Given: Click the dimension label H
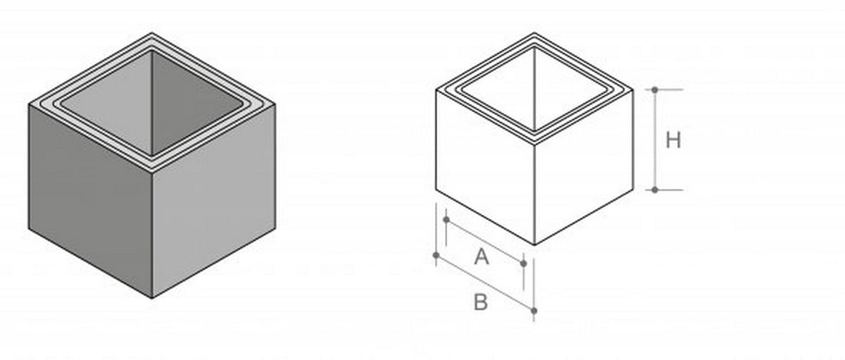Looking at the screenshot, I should click(x=673, y=140).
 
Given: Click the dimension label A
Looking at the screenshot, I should click(x=481, y=257).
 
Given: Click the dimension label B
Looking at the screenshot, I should click(x=480, y=303).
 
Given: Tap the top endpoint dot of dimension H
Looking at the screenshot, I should click(x=655, y=90).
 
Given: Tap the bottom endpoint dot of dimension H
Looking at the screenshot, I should click(x=655, y=190).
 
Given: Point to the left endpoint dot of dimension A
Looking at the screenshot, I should click(x=446, y=220).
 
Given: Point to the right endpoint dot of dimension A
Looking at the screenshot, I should click(x=523, y=263).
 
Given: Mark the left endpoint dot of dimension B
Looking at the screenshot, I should click(x=437, y=254).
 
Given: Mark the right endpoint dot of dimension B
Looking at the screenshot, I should click(x=534, y=310).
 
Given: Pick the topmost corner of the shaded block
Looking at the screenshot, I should click(x=152, y=33).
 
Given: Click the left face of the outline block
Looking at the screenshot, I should click(x=485, y=169).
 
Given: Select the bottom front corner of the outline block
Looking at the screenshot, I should click(x=534, y=244).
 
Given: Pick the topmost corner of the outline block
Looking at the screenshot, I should click(x=534, y=33).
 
